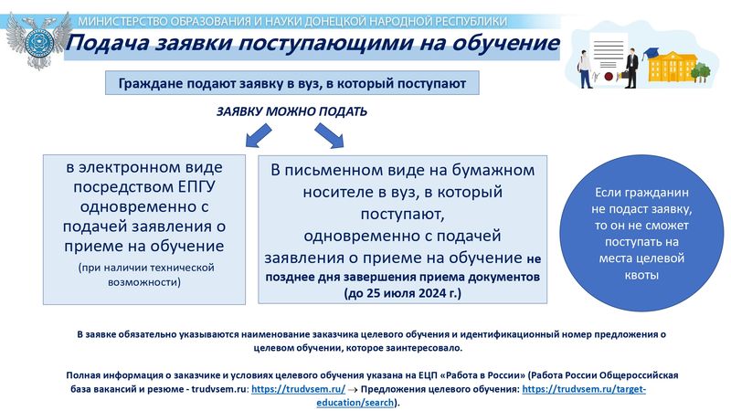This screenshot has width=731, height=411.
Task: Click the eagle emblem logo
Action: click(38, 41)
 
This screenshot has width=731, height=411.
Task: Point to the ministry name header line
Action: click(292, 21)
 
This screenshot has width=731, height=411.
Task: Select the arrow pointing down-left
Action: click(259, 135)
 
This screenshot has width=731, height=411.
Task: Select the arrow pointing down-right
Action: click(329, 135)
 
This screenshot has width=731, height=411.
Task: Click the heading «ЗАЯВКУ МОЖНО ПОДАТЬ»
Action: click(291, 111)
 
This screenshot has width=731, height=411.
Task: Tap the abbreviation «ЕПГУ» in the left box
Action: click(196, 186)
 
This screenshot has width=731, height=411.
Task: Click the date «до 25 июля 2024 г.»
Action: click(403, 293)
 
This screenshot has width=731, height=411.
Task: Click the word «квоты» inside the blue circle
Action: click(641, 275)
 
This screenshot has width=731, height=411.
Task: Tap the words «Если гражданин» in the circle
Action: click(641, 193)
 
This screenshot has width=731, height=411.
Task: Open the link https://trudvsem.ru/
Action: click(299, 389)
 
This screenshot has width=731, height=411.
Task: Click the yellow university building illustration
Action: click(673, 67)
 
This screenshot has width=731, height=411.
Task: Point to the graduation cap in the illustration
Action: click(649, 55)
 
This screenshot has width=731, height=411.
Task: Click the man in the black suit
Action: click(631, 68)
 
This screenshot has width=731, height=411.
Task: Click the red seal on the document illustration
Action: click(609, 76)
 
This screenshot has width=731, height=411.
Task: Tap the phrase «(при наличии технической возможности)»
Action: click(145, 275)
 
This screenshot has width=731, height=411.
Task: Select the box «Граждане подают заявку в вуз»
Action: click(292, 83)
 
